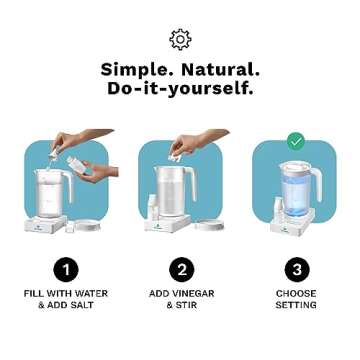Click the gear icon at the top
point(180,39)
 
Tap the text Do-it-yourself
point(180,89)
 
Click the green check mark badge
point(295,141)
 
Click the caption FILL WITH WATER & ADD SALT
point(65,299)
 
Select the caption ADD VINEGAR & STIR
point(180,299)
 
